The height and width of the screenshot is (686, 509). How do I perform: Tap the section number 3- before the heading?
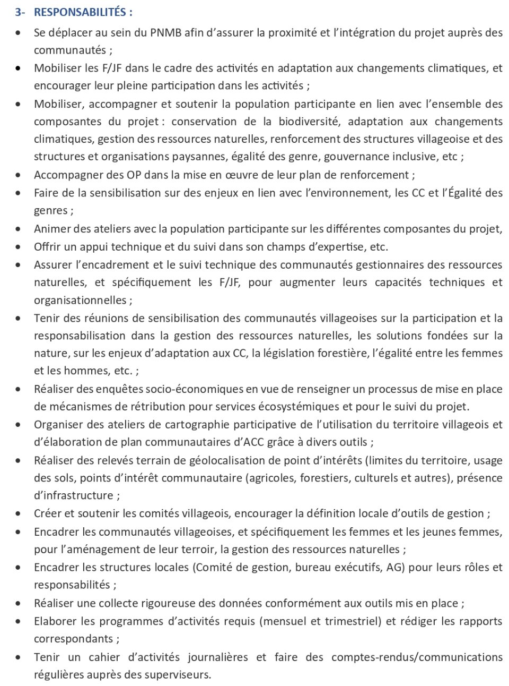[x=20, y=12]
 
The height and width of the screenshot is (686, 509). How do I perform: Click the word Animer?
[x=52, y=229]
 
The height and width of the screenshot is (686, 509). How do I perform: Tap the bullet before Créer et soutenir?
[x=19, y=514]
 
